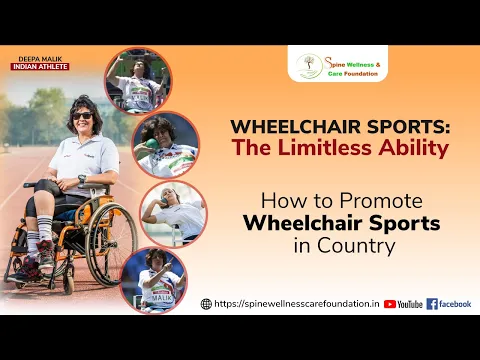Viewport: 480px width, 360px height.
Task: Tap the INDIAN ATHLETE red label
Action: pos(41,67)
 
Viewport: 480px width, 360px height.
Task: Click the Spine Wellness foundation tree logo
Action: pos(310,65)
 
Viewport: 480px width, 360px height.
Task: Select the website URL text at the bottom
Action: pos(295,304)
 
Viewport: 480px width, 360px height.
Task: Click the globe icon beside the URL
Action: pos(206,304)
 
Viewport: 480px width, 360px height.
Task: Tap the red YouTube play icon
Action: pos(390,304)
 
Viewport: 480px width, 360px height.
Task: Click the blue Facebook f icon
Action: pos(432,304)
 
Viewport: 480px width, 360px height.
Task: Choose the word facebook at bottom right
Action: pos(455,304)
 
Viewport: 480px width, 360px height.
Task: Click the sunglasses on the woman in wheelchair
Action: pos(82,115)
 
